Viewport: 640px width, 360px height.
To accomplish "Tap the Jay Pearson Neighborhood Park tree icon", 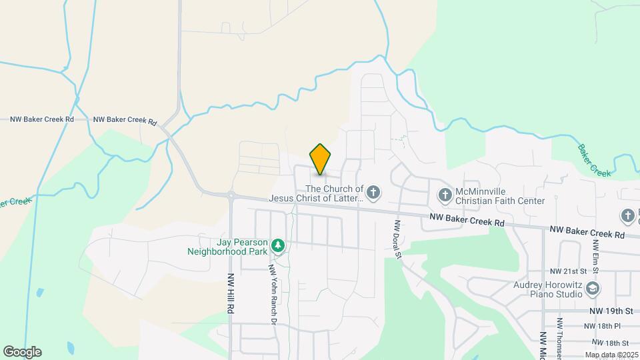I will coord(278,247).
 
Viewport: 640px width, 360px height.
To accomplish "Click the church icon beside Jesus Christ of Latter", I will coord(374,193).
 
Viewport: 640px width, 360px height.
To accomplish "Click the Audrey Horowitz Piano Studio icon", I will coord(593,288).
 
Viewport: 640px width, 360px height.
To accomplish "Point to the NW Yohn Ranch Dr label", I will coord(272,293).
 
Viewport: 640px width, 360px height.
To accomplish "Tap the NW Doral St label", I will coord(397,240).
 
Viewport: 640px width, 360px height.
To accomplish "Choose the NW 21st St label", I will coord(568,271).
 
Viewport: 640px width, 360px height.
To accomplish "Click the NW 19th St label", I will coord(611,311).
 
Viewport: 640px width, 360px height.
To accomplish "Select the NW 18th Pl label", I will coord(602,326).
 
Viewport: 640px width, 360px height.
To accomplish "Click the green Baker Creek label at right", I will coord(593,161).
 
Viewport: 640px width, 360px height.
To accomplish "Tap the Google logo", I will coord(22,352).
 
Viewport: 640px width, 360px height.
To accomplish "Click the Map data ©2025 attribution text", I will coord(611,355).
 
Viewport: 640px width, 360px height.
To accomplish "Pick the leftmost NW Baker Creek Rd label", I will coord(42,119).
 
